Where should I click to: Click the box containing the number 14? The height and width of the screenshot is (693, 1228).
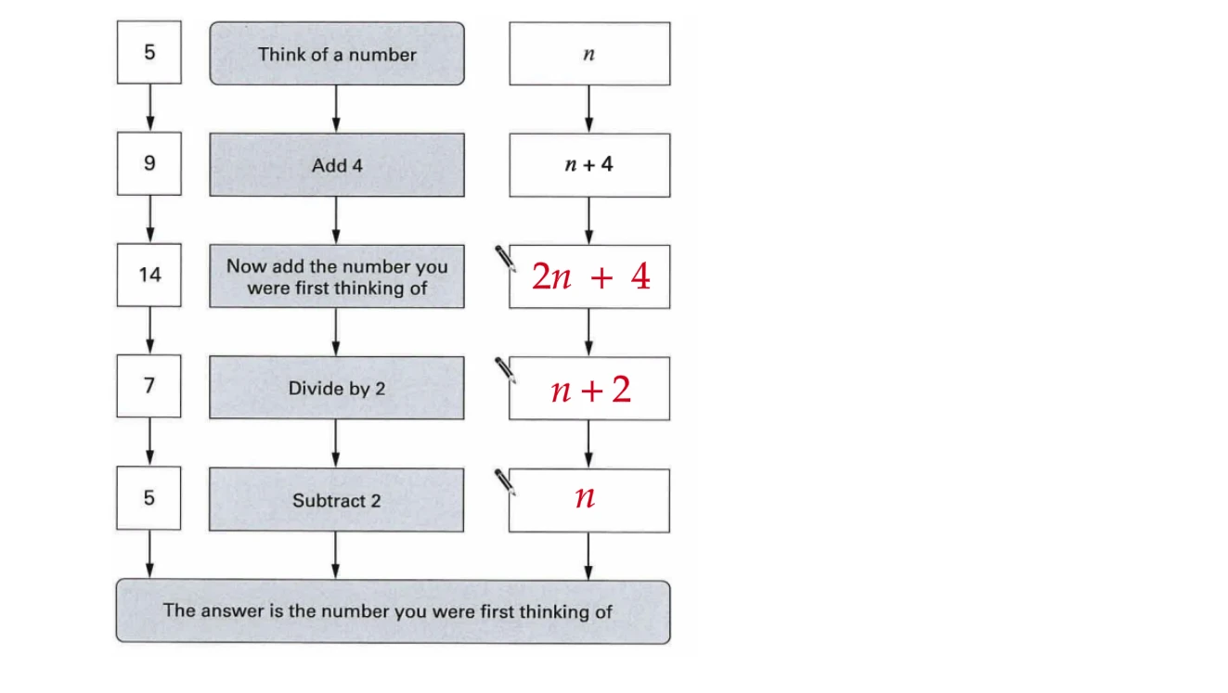149,275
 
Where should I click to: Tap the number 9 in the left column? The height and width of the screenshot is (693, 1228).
149,163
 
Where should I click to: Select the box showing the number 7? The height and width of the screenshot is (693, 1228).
149,386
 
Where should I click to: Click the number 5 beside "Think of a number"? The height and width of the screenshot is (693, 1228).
149,52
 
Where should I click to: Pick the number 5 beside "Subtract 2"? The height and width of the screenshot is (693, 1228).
149,498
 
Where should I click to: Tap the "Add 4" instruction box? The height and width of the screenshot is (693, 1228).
337,165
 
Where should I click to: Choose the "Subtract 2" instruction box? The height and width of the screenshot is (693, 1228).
336,500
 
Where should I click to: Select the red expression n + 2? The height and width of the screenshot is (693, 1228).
591,390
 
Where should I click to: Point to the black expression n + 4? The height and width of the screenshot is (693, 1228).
588,164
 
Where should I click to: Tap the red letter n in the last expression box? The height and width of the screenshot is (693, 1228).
585,497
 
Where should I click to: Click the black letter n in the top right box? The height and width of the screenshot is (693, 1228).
588,54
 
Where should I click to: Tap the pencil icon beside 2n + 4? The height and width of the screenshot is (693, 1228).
505,259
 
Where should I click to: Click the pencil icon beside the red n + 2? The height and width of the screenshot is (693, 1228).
505,371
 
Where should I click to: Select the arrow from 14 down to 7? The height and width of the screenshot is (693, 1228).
149,331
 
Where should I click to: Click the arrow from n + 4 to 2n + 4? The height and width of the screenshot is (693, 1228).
588,221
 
